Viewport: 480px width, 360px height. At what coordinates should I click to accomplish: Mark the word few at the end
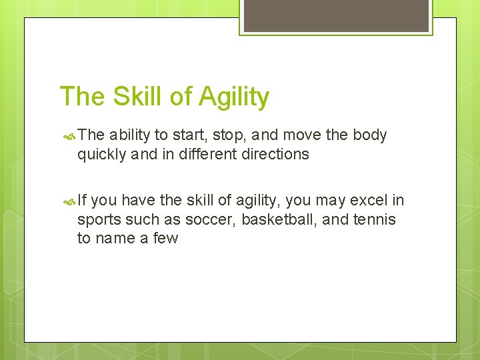coord(165,239)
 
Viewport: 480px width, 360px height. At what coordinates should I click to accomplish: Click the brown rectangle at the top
coord(335,15)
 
